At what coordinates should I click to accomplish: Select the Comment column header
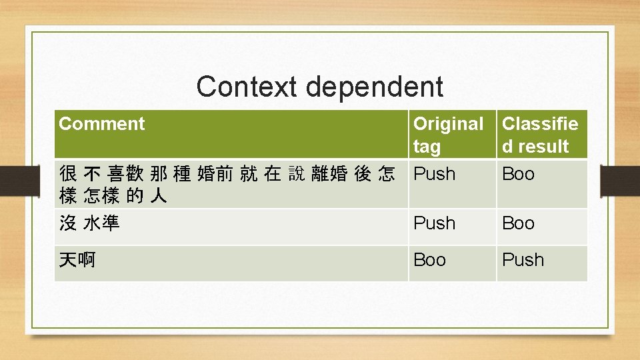[102, 124]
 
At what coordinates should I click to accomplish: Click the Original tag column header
[448, 135]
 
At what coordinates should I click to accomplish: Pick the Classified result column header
[539, 135]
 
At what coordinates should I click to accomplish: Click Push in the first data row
[435, 174]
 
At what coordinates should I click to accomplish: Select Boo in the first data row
[518, 174]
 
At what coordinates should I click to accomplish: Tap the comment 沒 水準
[89, 223]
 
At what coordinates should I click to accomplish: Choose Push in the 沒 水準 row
[435, 223]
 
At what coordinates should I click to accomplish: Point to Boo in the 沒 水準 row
[518, 223]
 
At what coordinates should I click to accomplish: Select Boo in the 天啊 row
[430, 260]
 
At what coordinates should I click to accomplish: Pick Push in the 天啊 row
[523, 260]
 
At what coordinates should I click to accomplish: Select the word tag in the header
[427, 147]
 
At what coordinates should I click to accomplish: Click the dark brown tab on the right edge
[620, 180]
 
